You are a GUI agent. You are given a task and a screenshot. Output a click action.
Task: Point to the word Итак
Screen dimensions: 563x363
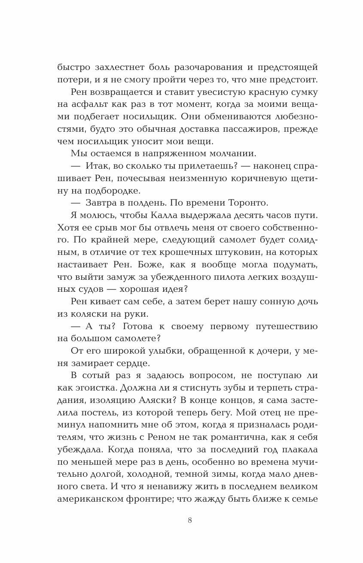point(98,166)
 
